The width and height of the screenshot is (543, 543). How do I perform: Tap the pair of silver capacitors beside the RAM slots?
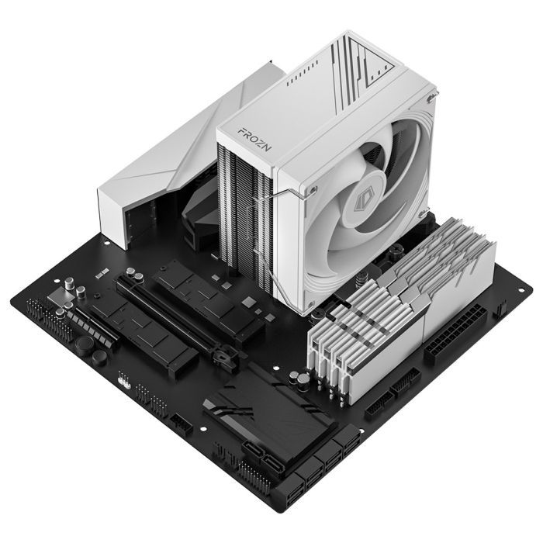pyautogui.click(x=298, y=379)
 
